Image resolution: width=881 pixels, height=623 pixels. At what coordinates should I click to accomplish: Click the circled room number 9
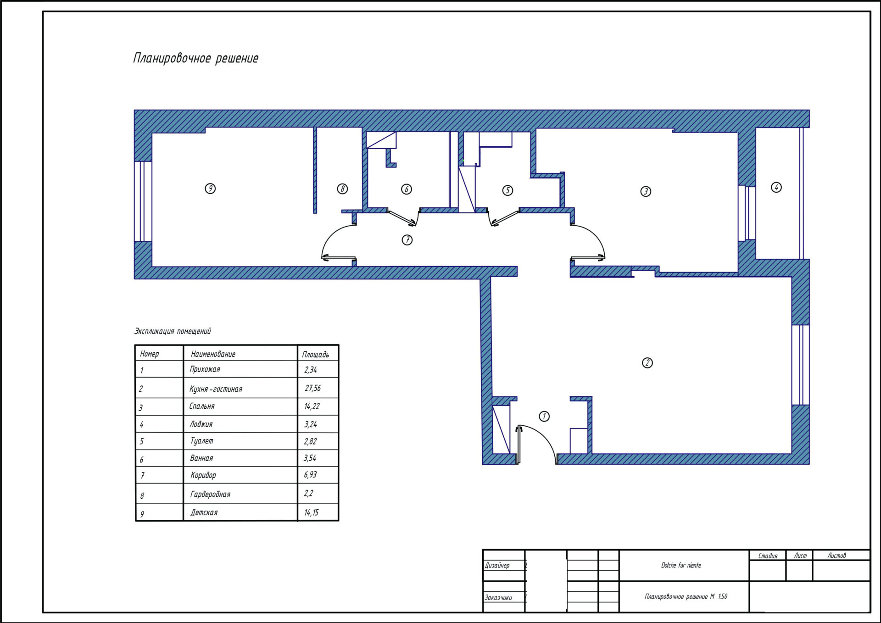point(210,188)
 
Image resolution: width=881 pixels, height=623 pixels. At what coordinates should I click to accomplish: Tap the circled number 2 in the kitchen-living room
point(647,363)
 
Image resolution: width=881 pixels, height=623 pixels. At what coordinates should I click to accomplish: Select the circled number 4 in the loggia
point(776,187)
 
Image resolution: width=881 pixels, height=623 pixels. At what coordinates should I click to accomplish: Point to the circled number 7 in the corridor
point(407,240)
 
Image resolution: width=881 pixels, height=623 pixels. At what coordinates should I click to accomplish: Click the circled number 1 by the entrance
point(544,416)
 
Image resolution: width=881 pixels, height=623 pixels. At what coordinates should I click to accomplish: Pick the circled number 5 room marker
point(507,190)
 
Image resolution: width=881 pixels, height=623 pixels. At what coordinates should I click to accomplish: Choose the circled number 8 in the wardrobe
point(342,189)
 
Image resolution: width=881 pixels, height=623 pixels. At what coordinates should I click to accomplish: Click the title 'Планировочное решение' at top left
point(196,58)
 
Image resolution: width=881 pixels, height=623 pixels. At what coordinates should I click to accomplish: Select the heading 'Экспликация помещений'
point(173,331)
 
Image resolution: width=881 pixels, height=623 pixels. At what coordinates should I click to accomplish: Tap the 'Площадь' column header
point(315,354)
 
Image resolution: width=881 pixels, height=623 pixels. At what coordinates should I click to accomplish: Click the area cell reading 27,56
point(313,388)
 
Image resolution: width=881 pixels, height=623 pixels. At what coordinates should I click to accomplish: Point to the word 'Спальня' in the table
point(202,406)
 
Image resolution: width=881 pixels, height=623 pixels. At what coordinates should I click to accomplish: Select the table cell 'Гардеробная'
point(210,494)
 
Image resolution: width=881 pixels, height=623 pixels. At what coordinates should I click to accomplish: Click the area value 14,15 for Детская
point(311,512)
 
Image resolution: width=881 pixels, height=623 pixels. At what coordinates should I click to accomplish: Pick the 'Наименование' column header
point(213,354)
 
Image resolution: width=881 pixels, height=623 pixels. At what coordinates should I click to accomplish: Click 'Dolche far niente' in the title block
point(681,565)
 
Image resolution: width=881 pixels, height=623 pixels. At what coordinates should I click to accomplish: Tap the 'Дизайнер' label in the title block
point(497,566)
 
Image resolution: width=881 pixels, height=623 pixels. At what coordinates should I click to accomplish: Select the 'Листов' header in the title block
point(836,556)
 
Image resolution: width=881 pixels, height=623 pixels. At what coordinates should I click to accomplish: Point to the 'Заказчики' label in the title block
point(498,597)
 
